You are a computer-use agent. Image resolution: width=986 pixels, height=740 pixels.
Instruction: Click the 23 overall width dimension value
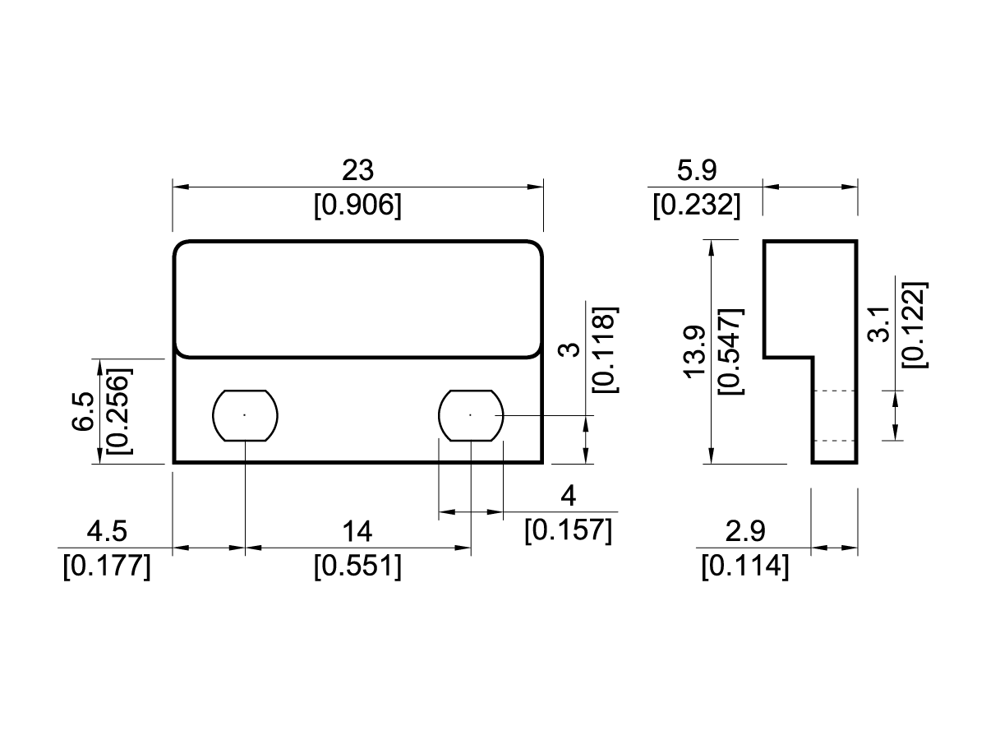357,170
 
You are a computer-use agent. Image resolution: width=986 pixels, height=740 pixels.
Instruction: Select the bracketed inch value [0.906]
357,205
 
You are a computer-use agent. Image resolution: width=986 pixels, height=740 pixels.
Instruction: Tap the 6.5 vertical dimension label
82,411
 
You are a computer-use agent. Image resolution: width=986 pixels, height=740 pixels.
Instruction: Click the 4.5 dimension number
107,532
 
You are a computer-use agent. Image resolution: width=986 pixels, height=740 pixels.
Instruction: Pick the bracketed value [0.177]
107,567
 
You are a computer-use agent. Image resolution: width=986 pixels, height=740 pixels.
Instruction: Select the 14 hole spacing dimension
357,532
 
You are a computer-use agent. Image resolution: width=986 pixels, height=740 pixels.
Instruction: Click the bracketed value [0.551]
357,567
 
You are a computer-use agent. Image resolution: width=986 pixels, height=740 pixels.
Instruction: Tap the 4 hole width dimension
567,497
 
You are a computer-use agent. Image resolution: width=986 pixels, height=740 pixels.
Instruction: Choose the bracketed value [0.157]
568,530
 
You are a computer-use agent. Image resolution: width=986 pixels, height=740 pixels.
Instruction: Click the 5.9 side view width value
696,170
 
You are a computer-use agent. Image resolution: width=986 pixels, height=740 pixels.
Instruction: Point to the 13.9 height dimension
696,352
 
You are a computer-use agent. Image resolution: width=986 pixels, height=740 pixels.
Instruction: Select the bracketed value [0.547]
730,352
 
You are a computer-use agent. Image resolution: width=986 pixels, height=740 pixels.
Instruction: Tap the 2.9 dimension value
745,532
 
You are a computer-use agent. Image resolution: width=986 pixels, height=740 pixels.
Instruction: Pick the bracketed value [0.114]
745,567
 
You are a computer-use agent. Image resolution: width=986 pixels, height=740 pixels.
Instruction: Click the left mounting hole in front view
246,414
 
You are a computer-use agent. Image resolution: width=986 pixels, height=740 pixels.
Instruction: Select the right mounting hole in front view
471,414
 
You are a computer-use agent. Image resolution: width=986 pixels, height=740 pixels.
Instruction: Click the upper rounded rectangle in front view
358,299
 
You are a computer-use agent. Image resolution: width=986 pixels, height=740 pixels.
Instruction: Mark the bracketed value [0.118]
604,349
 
